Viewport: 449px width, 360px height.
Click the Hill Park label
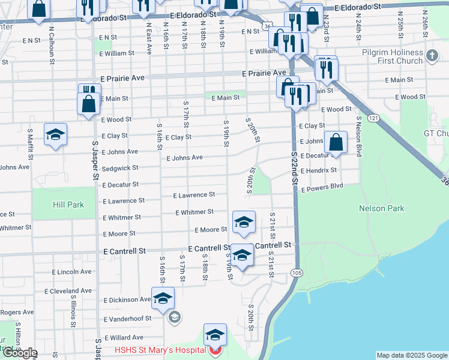[67, 205]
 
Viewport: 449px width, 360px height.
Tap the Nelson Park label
[382, 208]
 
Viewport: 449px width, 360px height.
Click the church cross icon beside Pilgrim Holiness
[432, 56]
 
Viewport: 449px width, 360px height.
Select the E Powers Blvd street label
[322, 187]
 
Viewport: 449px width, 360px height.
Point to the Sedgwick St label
[120, 169]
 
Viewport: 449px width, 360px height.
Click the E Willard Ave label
[123, 338]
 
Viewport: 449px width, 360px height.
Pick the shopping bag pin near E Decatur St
[336, 143]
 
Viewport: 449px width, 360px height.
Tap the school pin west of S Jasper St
[55, 135]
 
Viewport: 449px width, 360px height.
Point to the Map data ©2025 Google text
[411, 355]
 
